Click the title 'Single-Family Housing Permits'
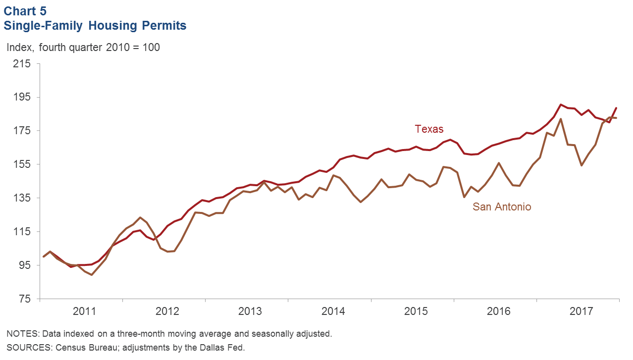[x=95, y=26]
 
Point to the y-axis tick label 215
[x=21, y=64]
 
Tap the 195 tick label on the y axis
[x=21, y=98]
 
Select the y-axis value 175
[x=21, y=131]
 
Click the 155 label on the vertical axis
[x=21, y=165]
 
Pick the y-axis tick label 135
[x=21, y=199]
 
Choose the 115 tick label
[x=21, y=232]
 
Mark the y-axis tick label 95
[x=23, y=266]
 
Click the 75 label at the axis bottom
[x=23, y=300]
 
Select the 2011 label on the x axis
[x=85, y=312]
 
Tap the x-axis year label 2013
[x=250, y=312]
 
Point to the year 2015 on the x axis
[x=416, y=312]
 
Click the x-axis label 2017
[x=581, y=312]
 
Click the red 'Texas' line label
[x=429, y=129]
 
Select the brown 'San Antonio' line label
[x=502, y=207]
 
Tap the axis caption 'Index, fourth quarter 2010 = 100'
[x=83, y=48]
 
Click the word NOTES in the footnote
[x=21, y=334]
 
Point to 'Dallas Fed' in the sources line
[x=222, y=347]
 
